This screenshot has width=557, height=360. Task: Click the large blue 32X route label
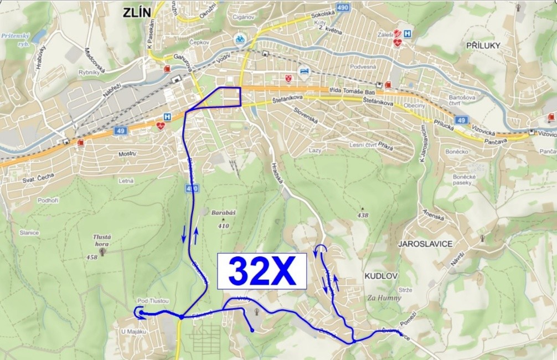pyautogui.click(x=261, y=271)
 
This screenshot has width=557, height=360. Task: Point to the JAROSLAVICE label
pyautogui.click(x=425, y=244)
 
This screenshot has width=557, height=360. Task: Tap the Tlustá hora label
pyautogui.click(x=101, y=239)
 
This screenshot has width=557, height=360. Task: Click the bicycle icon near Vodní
pyautogui.click(x=240, y=39)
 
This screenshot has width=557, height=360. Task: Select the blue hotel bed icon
pyautogui.click(x=304, y=71)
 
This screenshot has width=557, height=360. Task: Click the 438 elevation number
pyautogui.click(x=363, y=215)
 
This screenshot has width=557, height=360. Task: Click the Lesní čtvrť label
pyautogui.click(x=363, y=145)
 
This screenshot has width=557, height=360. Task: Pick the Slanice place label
pyautogui.click(x=29, y=233)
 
